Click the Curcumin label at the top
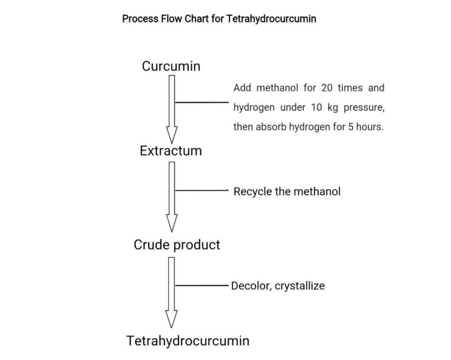[x=171, y=66]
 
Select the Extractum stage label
[x=171, y=151]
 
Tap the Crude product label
[x=177, y=245]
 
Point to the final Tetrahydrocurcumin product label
[x=188, y=341]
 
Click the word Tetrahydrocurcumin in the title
[x=271, y=19]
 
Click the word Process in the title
[x=140, y=19]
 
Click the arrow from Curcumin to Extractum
[x=171, y=109]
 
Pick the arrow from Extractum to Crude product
[x=171, y=197]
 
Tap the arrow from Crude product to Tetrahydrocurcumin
[x=171, y=293]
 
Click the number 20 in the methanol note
[x=327, y=88]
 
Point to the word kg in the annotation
[x=333, y=107]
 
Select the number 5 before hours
[x=350, y=127]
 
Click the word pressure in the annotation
[x=364, y=107]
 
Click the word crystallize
[x=300, y=286]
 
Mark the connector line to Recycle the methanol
[x=202, y=190]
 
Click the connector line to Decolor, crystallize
[x=202, y=285]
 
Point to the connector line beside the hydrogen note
[x=202, y=102]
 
